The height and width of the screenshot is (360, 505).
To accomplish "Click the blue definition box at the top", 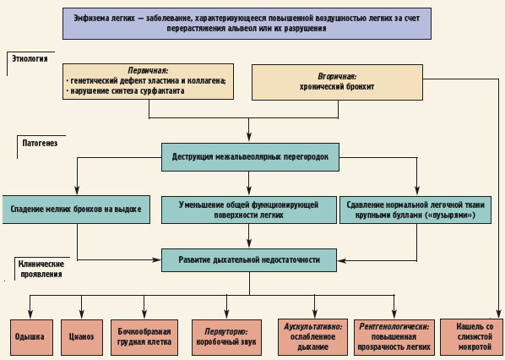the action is pyautogui.click(x=247, y=24).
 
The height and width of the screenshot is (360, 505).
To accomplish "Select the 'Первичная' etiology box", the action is pyautogui.click(x=148, y=81).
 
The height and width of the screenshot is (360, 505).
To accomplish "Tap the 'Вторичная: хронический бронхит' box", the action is pyautogui.click(x=337, y=82).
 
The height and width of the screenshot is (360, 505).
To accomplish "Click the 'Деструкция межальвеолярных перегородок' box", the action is pyautogui.click(x=250, y=157).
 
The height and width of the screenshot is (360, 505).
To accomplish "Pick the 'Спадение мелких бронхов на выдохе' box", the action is pyautogui.click(x=76, y=210).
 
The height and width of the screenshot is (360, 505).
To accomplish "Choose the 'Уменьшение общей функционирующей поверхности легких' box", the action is pyautogui.click(x=248, y=210).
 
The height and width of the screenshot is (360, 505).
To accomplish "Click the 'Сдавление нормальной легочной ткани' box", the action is pyautogui.click(x=415, y=210).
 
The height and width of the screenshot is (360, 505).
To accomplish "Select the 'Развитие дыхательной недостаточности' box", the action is pyautogui.click(x=249, y=260).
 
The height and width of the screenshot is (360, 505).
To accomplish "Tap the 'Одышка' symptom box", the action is pyautogui.click(x=31, y=337).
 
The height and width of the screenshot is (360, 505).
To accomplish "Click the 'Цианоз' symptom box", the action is pyautogui.click(x=82, y=337).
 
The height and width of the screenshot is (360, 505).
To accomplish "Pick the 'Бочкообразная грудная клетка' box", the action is pyautogui.click(x=144, y=337).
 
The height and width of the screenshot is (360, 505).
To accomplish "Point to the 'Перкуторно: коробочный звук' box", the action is pyautogui.click(x=226, y=337).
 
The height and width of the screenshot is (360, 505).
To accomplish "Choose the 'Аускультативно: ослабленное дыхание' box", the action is pyautogui.click(x=312, y=337).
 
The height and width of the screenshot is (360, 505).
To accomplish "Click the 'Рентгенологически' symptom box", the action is pyautogui.click(x=394, y=337).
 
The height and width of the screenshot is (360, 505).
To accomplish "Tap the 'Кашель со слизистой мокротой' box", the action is pyautogui.click(x=471, y=337).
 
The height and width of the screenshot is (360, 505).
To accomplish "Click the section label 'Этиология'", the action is pyautogui.click(x=30, y=58).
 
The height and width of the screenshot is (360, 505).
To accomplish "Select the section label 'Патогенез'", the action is pyautogui.click(x=40, y=143).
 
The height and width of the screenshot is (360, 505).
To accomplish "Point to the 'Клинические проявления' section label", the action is pyautogui.click(x=41, y=269).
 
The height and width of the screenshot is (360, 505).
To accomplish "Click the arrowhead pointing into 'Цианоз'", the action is pyautogui.click(x=82, y=314).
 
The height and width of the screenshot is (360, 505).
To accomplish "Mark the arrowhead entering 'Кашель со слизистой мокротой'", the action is pyautogui.click(x=498, y=314).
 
